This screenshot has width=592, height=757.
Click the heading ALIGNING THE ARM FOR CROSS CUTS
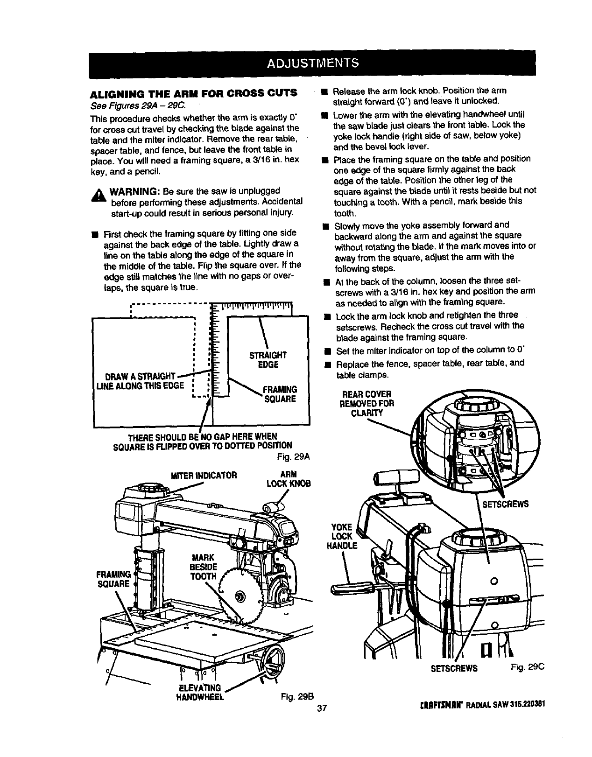(x=193, y=93)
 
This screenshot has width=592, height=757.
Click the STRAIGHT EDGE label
(x=268, y=360)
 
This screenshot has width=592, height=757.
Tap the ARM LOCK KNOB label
(x=289, y=479)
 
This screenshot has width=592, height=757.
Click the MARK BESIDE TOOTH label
(x=204, y=567)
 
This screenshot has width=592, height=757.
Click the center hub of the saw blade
(x=240, y=596)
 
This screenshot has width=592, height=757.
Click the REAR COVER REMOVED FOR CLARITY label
(x=367, y=404)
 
